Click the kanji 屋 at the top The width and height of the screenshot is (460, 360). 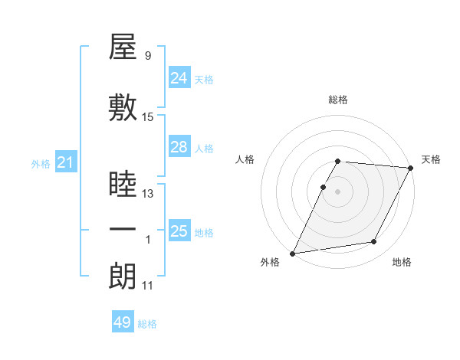(x=123, y=48)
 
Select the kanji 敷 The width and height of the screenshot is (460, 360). (x=123, y=108)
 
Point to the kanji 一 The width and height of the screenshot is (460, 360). (x=123, y=230)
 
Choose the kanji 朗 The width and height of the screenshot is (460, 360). (x=123, y=277)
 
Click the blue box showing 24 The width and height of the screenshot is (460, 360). (x=179, y=78)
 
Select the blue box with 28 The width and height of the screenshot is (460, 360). (x=179, y=147)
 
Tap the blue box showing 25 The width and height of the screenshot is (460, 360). (x=179, y=231)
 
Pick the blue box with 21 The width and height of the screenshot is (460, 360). (x=65, y=162)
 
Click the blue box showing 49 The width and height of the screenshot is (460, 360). (x=123, y=323)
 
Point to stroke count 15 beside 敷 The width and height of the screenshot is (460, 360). (x=148, y=117)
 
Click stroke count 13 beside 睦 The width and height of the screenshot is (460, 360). (x=148, y=194)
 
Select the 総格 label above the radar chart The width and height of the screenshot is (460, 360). (x=338, y=100)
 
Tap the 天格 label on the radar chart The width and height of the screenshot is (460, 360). (x=432, y=159)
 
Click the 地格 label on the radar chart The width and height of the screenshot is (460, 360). (x=402, y=263)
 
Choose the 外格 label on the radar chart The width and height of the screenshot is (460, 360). (x=270, y=263)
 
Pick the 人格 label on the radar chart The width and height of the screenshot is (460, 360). (x=245, y=159)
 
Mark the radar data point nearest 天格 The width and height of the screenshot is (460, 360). (x=412, y=168)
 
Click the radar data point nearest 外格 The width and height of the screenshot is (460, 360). (x=292, y=253)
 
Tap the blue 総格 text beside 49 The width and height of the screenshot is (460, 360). (x=147, y=324)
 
